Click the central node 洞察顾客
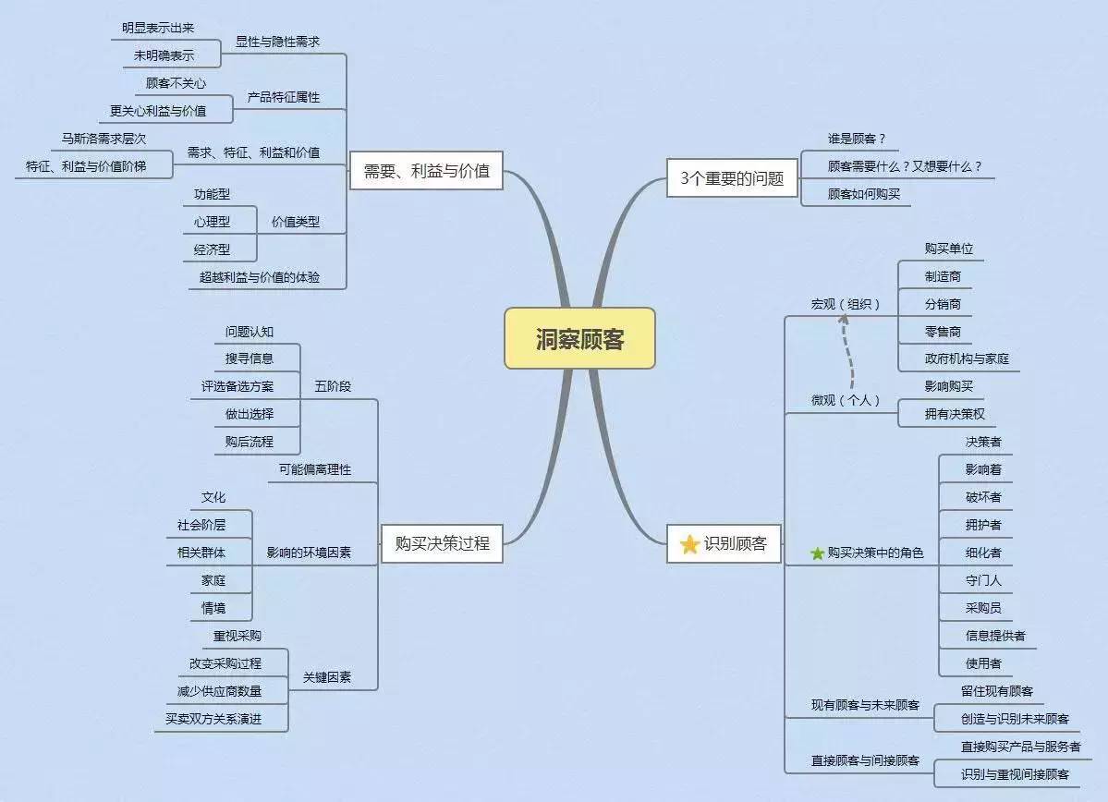click(579, 338)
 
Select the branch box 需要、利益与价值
click(426, 171)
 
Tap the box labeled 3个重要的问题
click(732, 178)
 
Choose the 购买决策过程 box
click(442, 543)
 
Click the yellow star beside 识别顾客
click(689, 544)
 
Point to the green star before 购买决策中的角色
click(817, 553)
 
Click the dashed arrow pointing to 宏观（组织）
click(847, 352)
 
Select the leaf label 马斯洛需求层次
click(103, 139)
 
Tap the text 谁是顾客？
click(857, 139)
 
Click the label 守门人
click(983, 580)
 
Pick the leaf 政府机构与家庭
click(967, 358)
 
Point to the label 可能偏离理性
click(315, 469)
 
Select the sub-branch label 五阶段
click(333, 386)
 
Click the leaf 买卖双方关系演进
click(213, 718)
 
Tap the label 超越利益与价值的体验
click(260, 276)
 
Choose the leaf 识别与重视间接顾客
click(1015, 774)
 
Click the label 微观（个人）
click(846, 400)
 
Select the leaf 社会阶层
click(201, 525)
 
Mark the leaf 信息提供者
click(995, 636)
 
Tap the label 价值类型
click(296, 222)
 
